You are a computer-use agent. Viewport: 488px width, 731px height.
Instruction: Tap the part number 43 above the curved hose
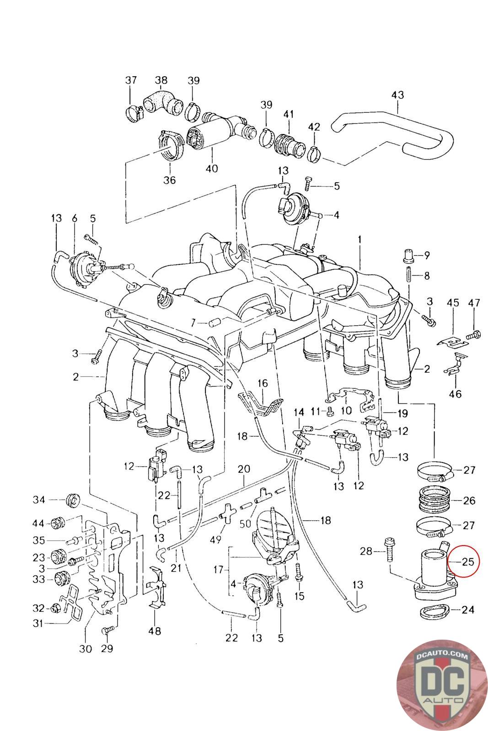click(x=397, y=95)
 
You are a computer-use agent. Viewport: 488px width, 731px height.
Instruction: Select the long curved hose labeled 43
click(x=392, y=134)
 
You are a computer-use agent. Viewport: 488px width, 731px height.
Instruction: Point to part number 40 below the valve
click(x=212, y=169)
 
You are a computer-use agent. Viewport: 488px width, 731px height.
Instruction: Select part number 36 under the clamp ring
click(x=170, y=180)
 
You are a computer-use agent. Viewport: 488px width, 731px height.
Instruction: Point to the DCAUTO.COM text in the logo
click(x=442, y=655)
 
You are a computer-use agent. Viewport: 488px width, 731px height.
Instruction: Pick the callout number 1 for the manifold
click(x=359, y=239)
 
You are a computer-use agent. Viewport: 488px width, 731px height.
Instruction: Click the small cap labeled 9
click(x=408, y=255)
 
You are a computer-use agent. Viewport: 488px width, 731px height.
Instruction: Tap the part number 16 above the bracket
click(x=263, y=383)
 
